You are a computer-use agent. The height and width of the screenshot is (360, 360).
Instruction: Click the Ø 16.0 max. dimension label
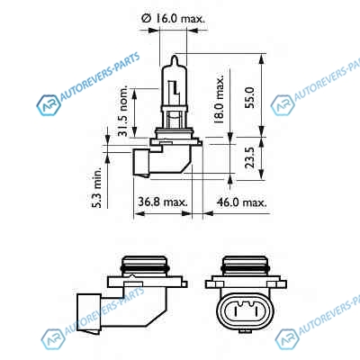tap(174, 19)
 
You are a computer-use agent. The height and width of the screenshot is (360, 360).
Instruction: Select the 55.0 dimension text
tap(249, 97)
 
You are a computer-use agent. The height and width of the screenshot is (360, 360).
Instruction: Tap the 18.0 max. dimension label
tap(219, 99)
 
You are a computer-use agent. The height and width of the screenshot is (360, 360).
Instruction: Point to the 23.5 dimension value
tap(249, 157)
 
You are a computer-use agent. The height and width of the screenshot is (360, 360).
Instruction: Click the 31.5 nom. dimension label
tap(122, 111)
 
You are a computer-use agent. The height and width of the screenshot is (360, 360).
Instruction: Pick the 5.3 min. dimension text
tap(97, 188)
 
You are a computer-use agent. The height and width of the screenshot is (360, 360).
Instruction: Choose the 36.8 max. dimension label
tap(163, 202)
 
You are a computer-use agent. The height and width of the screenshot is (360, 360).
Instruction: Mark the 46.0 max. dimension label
tap(242, 202)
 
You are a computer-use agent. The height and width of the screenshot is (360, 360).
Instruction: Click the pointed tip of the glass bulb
tap(175, 56)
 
